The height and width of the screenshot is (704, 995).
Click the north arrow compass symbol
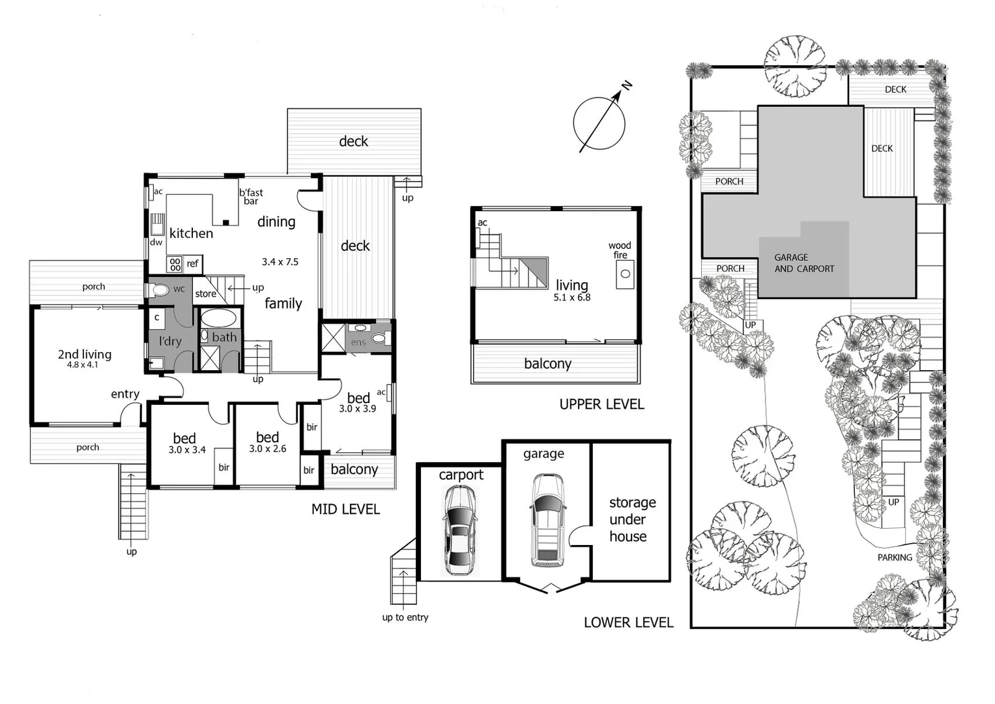tap(600, 122)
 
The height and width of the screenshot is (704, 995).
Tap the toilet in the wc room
tap(160, 289)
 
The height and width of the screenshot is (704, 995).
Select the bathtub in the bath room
tap(218, 318)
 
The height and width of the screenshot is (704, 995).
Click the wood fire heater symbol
tap(624, 274)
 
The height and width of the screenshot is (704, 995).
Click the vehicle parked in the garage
tap(547, 520)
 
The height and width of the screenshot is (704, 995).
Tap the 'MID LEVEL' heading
tap(345, 509)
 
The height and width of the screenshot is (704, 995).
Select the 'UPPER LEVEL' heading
tap(601, 404)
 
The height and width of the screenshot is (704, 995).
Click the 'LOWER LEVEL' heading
tap(628, 623)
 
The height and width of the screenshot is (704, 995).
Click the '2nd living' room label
tap(84, 355)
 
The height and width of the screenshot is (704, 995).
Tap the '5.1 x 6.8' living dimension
tap(571, 297)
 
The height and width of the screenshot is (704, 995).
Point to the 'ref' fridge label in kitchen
tap(192, 264)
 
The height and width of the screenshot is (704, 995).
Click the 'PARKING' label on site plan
tap(894, 557)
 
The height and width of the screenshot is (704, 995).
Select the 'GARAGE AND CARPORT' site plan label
tap(803, 263)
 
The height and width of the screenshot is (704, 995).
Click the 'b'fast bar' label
tap(251, 196)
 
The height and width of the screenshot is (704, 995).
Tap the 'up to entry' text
tap(405, 617)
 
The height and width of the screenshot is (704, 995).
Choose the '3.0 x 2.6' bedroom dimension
tap(268, 449)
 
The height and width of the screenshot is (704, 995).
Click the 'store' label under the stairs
tap(205, 294)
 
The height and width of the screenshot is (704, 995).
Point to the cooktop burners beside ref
tap(175, 264)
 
